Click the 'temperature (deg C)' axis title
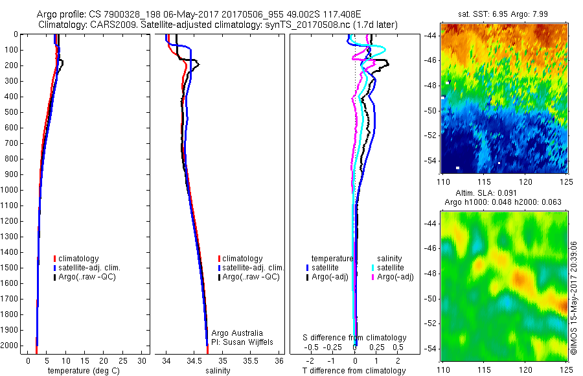pyautogui.click(x=82, y=371)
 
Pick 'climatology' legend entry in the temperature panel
pyautogui.click(x=78, y=259)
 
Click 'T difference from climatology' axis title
pyautogui.click(x=354, y=371)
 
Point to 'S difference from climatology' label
pyautogui.click(x=354, y=338)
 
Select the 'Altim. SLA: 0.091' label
pyautogui.click(x=483, y=194)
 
